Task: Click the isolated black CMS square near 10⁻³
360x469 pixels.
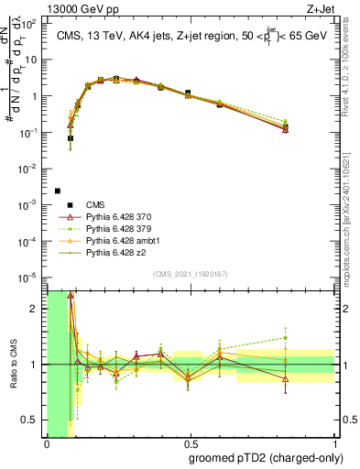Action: (x=57, y=191)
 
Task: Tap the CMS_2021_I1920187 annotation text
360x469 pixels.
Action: (x=190, y=274)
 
